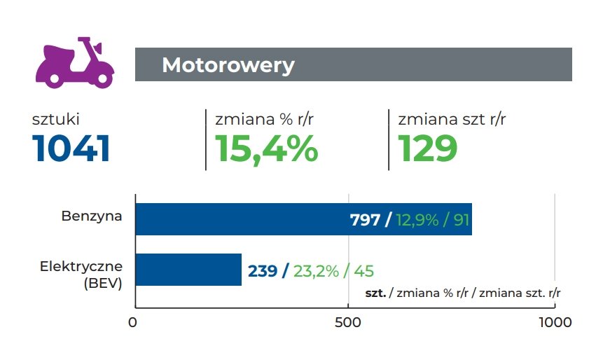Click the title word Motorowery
click(228, 65)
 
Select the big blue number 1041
click(71, 148)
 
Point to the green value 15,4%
click(266, 148)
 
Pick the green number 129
click(428, 148)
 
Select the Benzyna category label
click(92, 216)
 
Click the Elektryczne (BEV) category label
click(81, 275)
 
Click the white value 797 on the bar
click(365, 220)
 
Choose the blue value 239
click(263, 271)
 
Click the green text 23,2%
click(316, 271)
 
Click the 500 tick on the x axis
click(348, 323)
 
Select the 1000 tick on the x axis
click(554, 323)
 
